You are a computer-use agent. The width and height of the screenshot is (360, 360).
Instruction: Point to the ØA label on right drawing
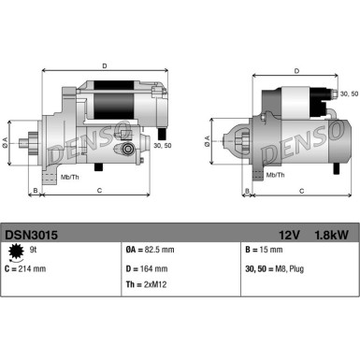click(208, 142)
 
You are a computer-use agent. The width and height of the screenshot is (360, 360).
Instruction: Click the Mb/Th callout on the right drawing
click(275, 175)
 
